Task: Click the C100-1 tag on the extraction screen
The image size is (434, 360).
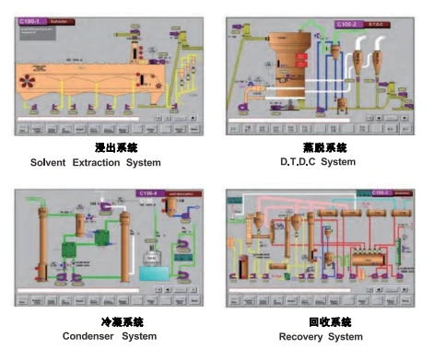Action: pyautogui.click(x=31, y=18)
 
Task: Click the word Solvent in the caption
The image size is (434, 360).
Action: pyautogui.click(x=52, y=163)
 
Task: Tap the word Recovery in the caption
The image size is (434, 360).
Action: pyautogui.click(x=301, y=336)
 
